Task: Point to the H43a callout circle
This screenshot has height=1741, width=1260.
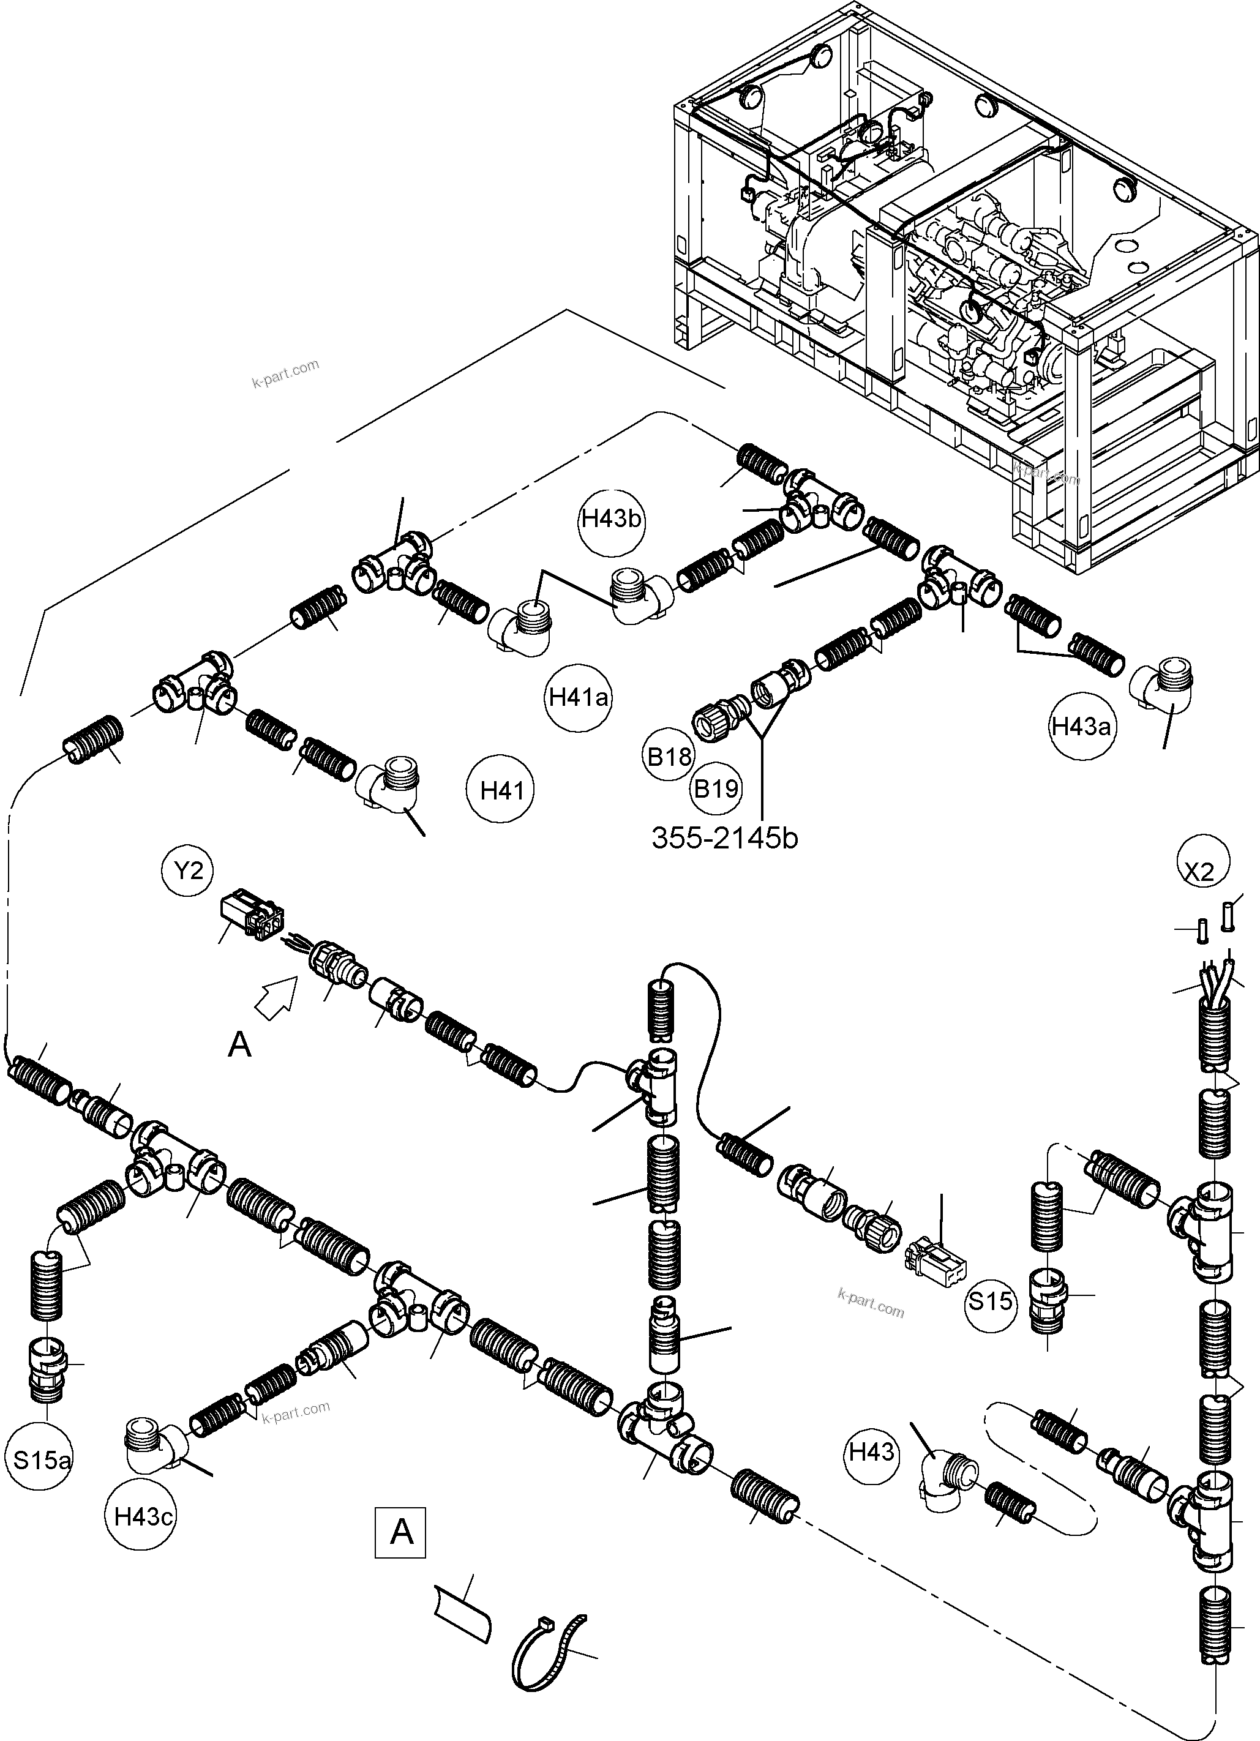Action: pos(1081,725)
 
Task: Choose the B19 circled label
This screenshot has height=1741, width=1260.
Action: pos(716,788)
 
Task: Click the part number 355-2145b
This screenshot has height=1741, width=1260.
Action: pos(725,838)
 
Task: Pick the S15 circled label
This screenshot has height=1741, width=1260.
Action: pos(991,1300)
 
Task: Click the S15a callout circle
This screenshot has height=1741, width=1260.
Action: pos(42,1459)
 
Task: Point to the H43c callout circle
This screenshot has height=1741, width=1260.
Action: pos(142,1516)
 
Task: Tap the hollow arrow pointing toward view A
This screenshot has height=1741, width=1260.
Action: pos(275,998)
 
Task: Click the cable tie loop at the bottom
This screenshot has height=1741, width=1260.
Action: pos(547,1654)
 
